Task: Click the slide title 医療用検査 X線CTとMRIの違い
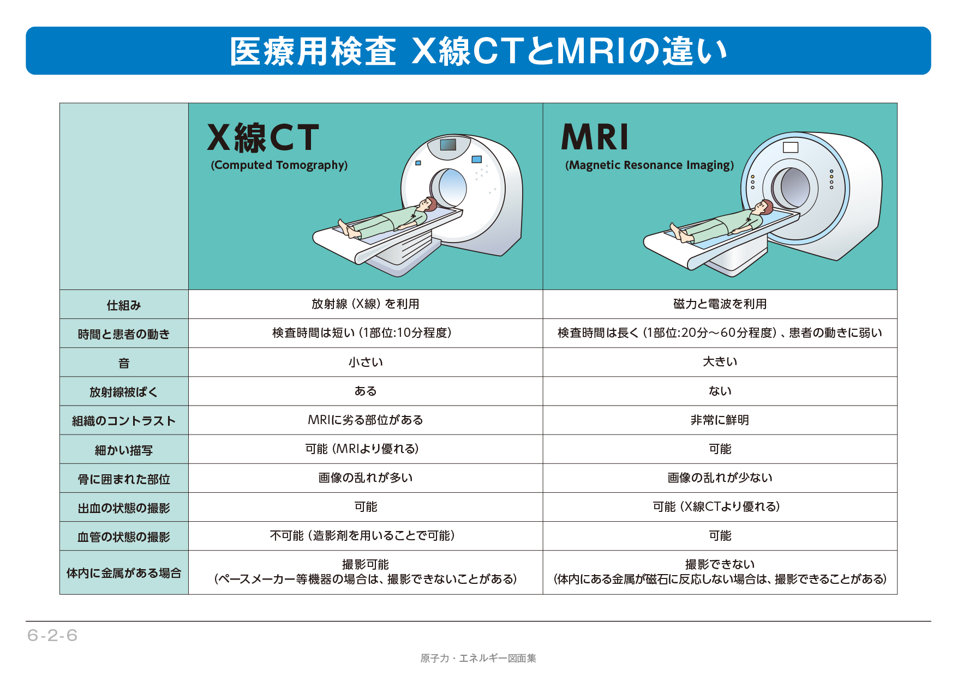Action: click(478, 51)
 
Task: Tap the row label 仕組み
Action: click(124, 305)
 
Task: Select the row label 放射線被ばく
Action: click(124, 392)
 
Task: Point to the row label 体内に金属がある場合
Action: click(124, 573)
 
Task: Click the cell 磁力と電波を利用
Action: click(720, 304)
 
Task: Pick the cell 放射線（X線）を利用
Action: click(366, 304)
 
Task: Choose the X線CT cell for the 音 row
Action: click(366, 362)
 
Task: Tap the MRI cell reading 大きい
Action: click(720, 362)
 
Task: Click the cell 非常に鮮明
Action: click(720, 420)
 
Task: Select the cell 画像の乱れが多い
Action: click(366, 478)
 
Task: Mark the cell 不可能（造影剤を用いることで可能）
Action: click(363, 536)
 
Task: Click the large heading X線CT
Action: click(263, 137)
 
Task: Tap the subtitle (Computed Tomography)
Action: click(279, 165)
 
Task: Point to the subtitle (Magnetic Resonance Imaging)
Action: click(650, 165)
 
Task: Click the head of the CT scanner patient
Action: click(427, 204)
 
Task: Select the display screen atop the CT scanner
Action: click(448, 144)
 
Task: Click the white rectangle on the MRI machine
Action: click(791, 147)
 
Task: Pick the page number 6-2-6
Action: click(52, 636)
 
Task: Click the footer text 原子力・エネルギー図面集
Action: click(478, 659)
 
